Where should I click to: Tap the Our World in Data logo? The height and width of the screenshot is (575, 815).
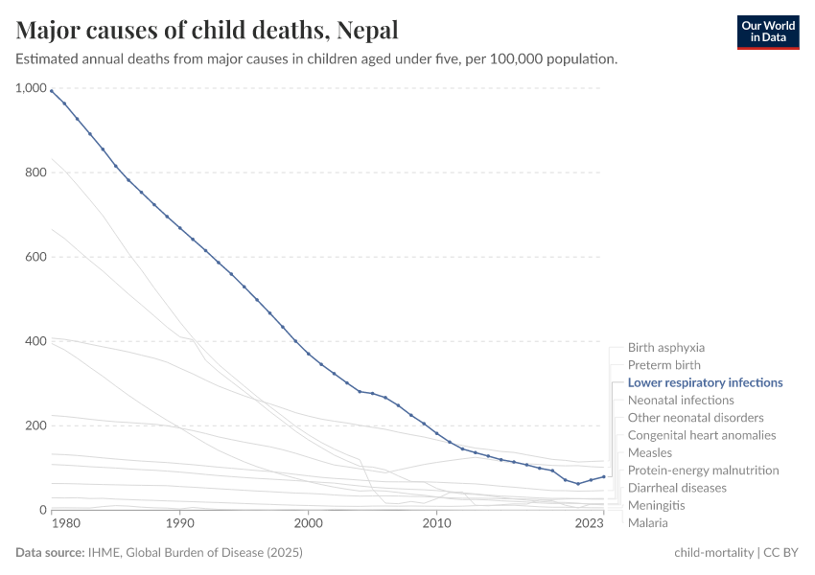pos(767,32)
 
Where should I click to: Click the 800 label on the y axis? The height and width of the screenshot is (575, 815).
pos(35,172)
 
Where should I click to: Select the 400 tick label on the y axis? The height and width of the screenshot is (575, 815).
pos(35,341)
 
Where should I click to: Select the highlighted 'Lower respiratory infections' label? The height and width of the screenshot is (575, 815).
pos(705,382)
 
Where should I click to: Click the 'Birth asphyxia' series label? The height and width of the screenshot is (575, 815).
pos(665,348)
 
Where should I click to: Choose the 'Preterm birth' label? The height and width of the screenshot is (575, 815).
pos(664,365)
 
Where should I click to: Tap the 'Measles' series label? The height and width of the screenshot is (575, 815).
pos(649,452)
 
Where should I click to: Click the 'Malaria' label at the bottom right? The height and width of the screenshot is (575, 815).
pos(647,522)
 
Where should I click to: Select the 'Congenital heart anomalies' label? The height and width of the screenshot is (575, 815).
pos(702,435)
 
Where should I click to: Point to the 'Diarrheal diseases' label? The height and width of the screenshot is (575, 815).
pos(677,488)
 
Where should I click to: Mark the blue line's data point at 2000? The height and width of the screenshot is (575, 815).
pos(308,354)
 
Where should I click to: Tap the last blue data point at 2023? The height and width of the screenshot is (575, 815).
pos(603,476)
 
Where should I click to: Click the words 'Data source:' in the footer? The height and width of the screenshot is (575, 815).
pos(49,553)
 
